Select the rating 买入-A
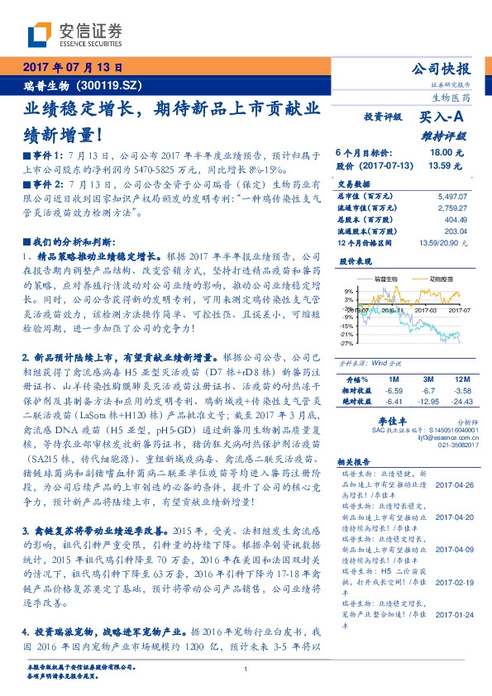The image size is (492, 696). coord(443,118)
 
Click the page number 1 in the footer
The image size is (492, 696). coord(246,670)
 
